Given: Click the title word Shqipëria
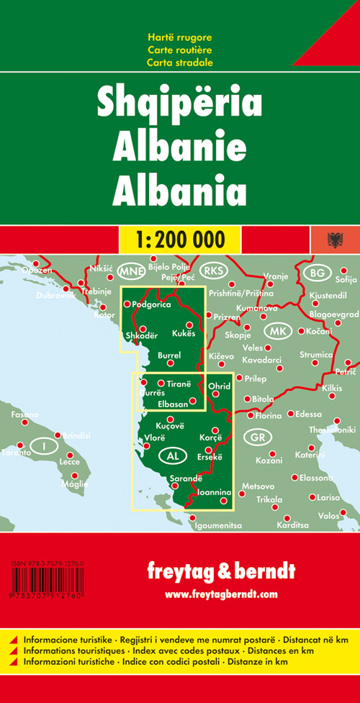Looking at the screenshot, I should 179,106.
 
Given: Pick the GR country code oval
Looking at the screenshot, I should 256,437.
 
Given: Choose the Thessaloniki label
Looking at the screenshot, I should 332,430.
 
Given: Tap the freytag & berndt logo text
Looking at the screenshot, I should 220,572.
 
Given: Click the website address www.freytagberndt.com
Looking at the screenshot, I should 220,594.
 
